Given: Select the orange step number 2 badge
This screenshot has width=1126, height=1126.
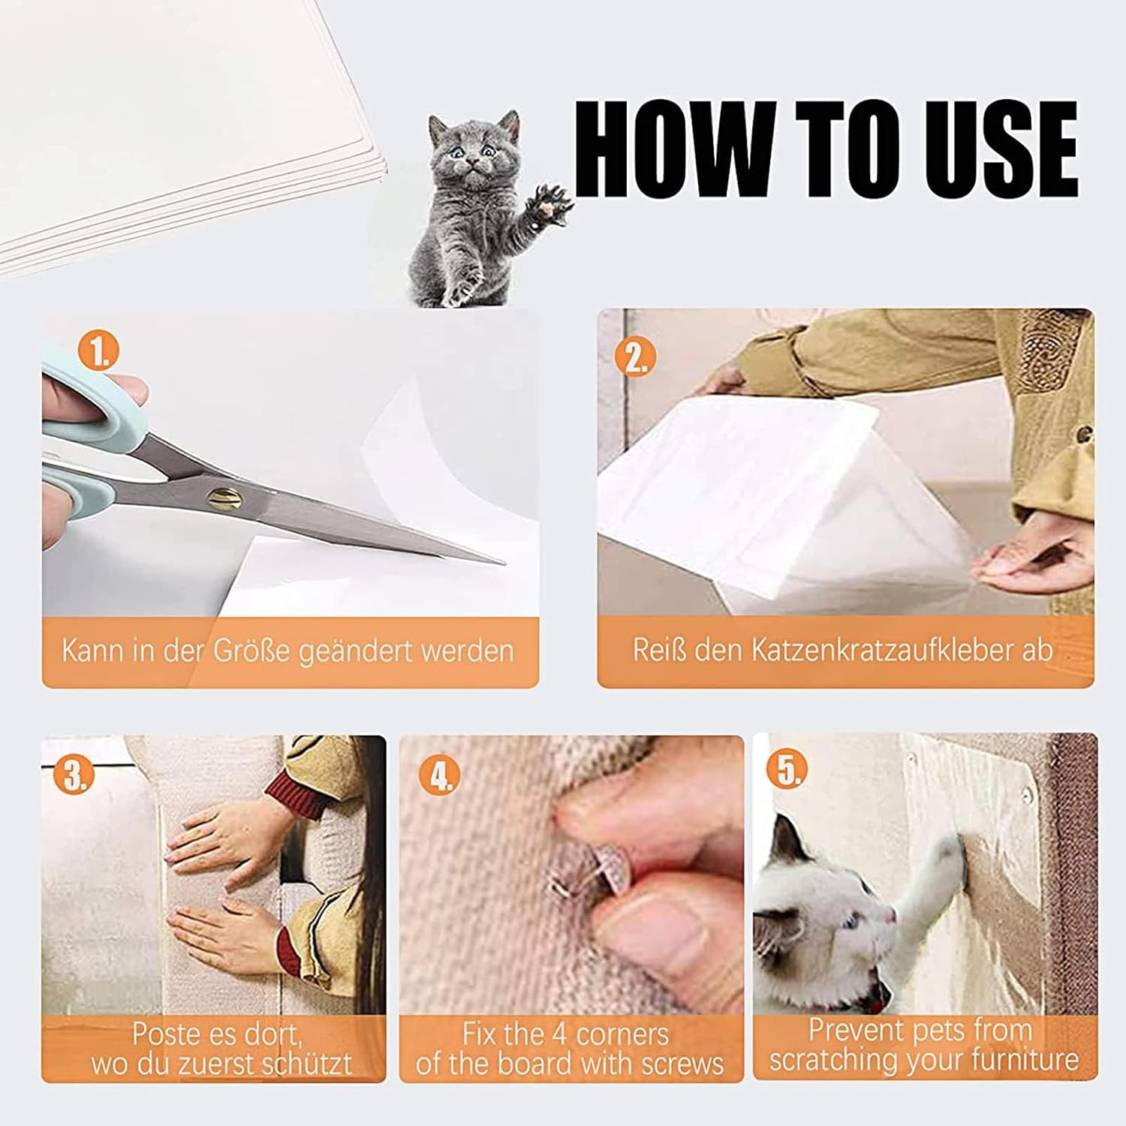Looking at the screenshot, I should (x=636, y=357).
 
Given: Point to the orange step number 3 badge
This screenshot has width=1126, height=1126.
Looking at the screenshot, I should (x=74, y=775).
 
